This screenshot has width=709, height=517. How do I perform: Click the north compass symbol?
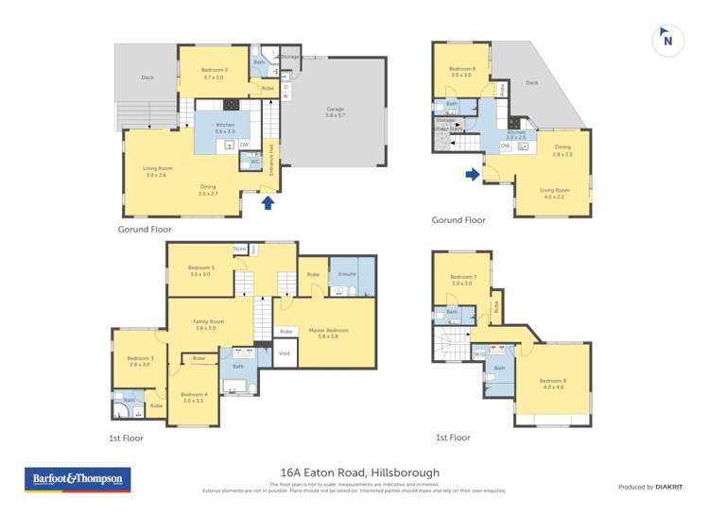click(667, 40)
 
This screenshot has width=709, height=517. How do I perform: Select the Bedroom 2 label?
click(213, 76)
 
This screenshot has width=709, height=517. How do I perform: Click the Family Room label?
click(205, 325)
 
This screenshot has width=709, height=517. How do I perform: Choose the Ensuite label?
click(347, 274)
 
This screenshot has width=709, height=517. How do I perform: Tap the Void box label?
click(285, 353)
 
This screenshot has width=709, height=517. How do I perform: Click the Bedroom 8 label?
click(553, 382)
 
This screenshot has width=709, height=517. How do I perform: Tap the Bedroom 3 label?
click(140, 361)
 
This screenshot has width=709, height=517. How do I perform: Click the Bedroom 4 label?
click(193, 397)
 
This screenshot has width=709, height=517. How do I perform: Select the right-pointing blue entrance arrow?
click(471, 174)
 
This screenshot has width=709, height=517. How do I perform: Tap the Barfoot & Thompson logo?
click(78, 481)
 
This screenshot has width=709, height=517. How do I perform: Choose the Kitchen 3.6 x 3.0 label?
click(225, 129)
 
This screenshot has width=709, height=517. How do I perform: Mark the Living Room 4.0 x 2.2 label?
click(553, 192)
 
